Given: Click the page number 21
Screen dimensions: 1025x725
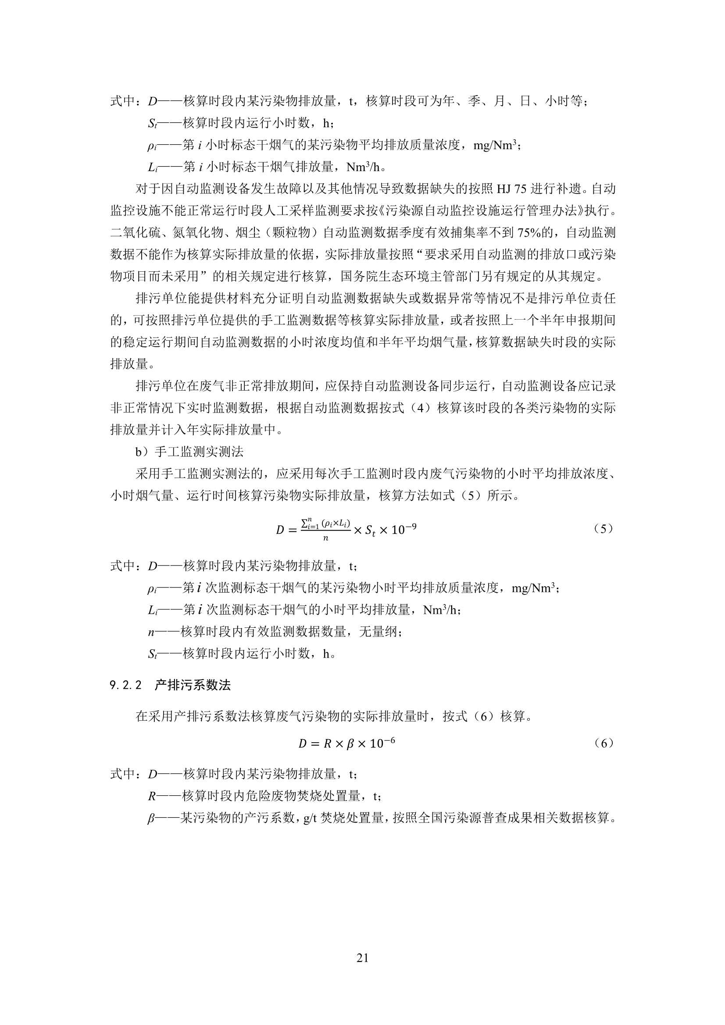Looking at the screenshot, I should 362,957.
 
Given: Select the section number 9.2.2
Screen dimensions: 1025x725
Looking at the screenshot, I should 125,685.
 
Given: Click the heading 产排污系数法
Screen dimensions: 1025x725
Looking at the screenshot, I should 193,685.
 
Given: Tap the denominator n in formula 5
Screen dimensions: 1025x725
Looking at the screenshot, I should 325,538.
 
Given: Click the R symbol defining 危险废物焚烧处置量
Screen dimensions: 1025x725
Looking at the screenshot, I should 152,796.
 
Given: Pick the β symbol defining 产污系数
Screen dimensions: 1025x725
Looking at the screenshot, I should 151,819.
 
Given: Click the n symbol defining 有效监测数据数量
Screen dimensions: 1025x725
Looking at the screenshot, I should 151,632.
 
